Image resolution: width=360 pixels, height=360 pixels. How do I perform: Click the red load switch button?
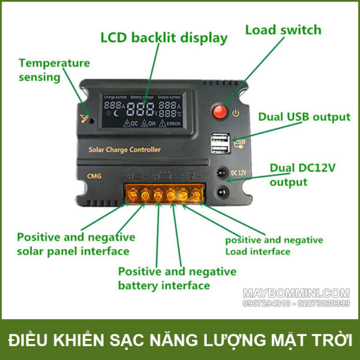pyautogui.click(x=220, y=113)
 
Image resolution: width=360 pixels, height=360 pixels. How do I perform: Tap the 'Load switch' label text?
pyautogui.click(x=283, y=30)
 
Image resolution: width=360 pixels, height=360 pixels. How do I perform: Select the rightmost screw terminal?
pyautogui.click(x=196, y=195)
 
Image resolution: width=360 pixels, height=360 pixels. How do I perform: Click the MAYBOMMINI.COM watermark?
pyautogui.click(x=296, y=293)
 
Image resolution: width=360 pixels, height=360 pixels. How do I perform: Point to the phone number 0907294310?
pyautogui.click(x=266, y=304)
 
